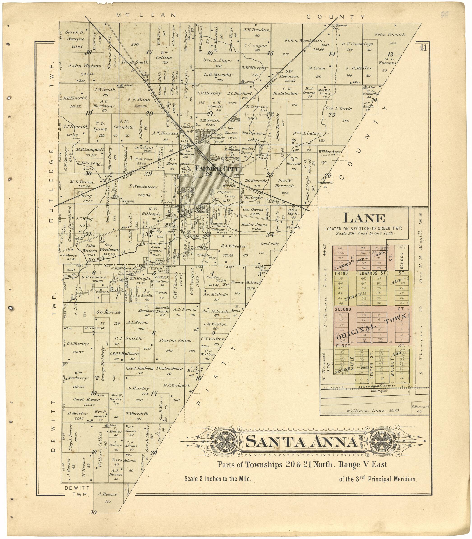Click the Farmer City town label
217,169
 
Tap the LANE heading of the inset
364,219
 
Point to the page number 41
423,48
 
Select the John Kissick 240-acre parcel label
390,35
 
